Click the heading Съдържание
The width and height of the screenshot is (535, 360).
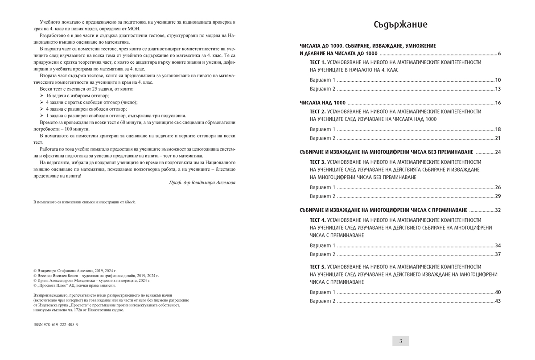tap(400, 25)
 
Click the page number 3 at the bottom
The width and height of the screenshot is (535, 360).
tap(400, 341)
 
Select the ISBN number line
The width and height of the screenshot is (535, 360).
tap(56, 325)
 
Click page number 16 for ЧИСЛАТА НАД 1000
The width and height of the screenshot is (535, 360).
tap(498, 103)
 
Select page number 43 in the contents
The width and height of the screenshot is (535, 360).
tap(498, 301)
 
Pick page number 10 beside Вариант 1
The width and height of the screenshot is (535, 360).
tap(498, 80)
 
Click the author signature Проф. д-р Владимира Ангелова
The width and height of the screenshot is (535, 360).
tap(196, 183)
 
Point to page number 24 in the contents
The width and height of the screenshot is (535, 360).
tap(498, 152)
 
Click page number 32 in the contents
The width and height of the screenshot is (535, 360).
tap(498, 210)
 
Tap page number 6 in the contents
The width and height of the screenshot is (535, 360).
tap(499, 54)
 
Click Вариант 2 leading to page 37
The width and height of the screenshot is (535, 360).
tap(322, 254)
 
